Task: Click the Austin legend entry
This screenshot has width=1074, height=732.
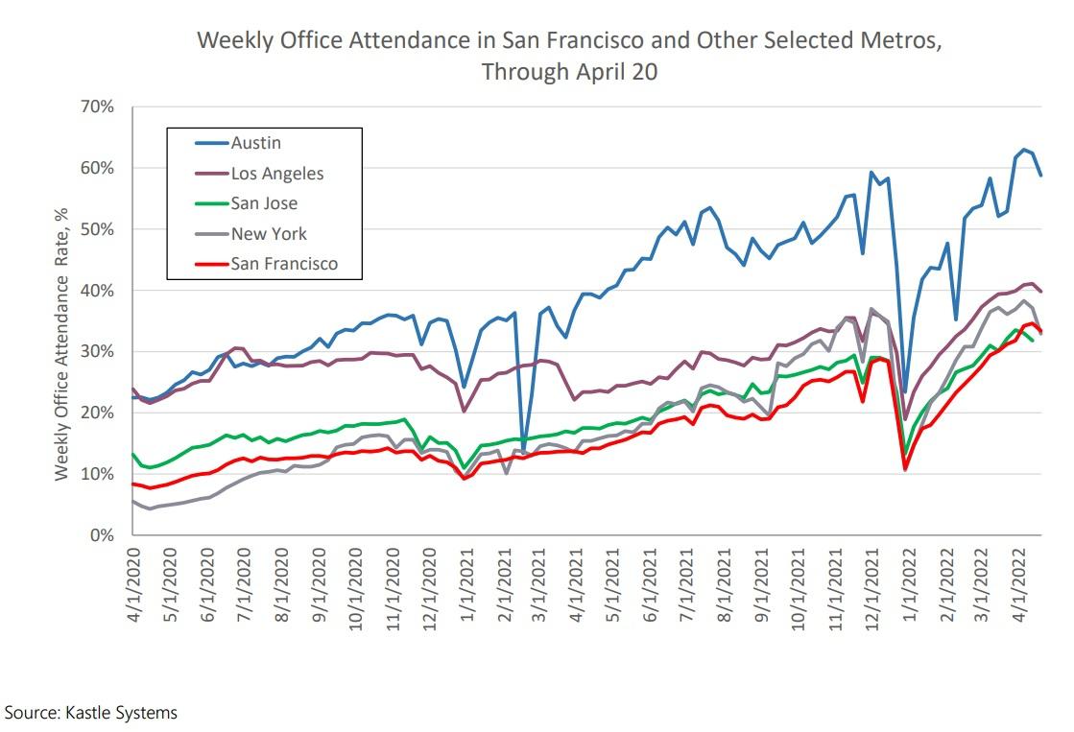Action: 255,143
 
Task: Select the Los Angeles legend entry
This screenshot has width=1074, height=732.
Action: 276,174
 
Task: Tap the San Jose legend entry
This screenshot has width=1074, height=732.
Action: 264,203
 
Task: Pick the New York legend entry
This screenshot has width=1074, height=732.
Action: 268,233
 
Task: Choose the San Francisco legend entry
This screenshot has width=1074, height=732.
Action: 283,264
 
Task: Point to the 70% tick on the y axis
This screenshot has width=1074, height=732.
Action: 97,106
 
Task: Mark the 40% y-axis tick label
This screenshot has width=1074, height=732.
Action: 97,291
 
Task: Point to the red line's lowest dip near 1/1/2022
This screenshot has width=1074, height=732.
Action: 904,469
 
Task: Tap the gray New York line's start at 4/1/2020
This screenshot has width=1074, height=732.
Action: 133,501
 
